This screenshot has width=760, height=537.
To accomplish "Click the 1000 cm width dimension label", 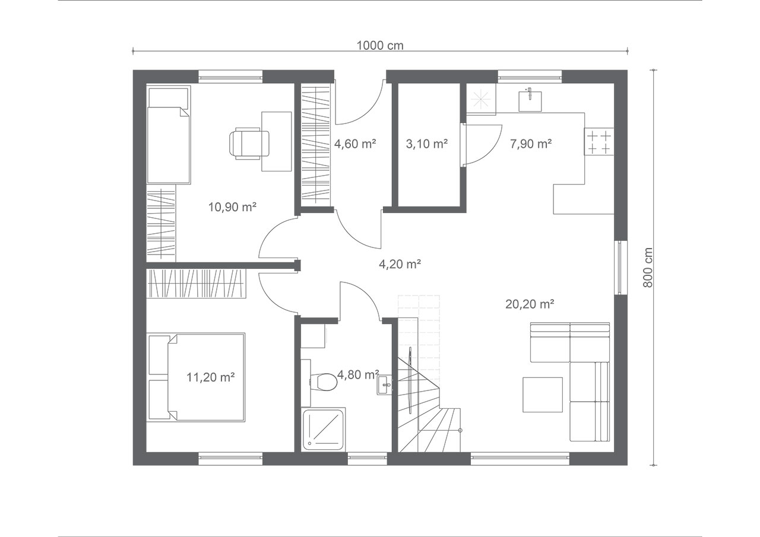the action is point(380,46).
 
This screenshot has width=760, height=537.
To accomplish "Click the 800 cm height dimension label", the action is point(648,268).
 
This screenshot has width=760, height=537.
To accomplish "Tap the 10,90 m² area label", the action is point(232,207).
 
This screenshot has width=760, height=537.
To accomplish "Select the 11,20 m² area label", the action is point(211,377).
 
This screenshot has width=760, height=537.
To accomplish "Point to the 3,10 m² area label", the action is point(427,144).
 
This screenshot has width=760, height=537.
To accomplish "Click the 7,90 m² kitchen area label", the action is point(531,144).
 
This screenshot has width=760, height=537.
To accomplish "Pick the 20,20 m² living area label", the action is point(530,304).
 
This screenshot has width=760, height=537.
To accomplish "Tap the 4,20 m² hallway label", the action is point(400,264).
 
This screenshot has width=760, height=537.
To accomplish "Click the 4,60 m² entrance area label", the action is point(355,144).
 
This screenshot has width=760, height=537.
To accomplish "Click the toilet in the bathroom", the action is point(324,382).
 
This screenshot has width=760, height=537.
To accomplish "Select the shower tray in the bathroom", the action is point(324,429).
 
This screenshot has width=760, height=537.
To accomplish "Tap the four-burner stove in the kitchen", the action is point(599,141).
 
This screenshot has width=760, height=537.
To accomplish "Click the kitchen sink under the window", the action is point(530,100).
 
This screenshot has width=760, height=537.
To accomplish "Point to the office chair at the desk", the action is point(249,143).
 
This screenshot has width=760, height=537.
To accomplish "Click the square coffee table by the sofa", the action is point(543,395).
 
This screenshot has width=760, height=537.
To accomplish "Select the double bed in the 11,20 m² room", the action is point(196,377).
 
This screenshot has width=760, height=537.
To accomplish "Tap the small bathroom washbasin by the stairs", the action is point(384,385).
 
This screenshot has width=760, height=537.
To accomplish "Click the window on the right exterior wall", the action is point(620,268).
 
